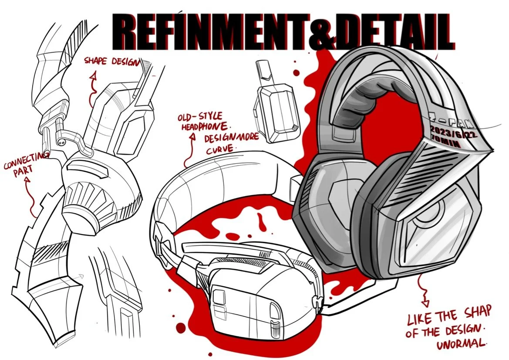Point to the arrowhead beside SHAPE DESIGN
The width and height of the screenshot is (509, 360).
[92, 77]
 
